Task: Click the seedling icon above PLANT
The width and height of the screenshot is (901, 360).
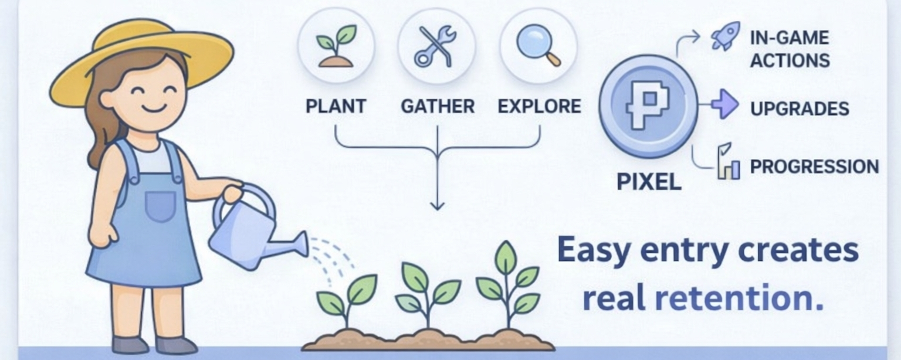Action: point(336,46)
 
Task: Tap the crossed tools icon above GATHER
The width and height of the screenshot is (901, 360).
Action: point(436,46)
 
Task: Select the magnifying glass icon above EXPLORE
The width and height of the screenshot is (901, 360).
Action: point(538,46)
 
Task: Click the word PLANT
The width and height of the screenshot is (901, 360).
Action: point(336,106)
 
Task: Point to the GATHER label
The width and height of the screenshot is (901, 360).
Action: point(438,106)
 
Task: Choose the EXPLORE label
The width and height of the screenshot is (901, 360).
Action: point(539,106)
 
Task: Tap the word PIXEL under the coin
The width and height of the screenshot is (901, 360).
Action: point(649,182)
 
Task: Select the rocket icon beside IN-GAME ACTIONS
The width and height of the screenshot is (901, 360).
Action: point(725,37)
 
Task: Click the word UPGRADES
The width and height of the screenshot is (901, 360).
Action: point(800,109)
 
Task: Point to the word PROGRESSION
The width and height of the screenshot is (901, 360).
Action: point(814,167)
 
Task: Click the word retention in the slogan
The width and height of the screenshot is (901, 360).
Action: point(739,298)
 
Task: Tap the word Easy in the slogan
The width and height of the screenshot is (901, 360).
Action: point(593,250)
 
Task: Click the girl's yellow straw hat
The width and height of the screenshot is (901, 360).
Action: point(141,56)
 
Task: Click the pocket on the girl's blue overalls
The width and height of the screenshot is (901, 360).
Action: point(160,206)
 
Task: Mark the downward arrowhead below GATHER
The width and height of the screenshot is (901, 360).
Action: point(437,205)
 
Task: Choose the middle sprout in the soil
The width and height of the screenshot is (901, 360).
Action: point(427,293)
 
